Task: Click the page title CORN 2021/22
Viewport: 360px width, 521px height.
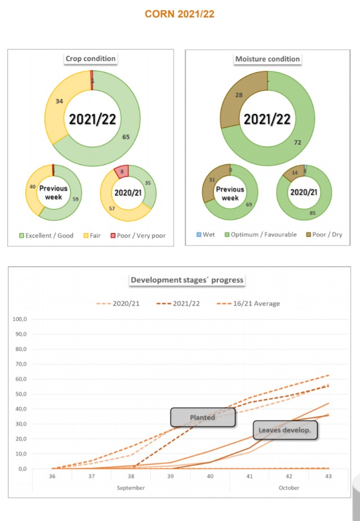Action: [179, 14]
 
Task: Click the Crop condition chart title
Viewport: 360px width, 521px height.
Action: [91, 59]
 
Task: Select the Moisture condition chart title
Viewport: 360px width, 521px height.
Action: [268, 59]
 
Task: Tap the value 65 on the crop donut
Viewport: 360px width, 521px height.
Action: [127, 136]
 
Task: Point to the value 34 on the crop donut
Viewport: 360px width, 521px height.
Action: [58, 101]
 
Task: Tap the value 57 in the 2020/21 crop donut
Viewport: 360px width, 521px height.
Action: [112, 208]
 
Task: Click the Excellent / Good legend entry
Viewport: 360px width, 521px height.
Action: [46, 235]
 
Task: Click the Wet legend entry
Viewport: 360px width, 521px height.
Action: [207, 235]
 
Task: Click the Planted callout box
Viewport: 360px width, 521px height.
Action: [202, 417]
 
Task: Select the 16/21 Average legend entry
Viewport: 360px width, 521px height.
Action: [248, 303]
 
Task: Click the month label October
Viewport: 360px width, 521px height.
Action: [289, 487]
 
